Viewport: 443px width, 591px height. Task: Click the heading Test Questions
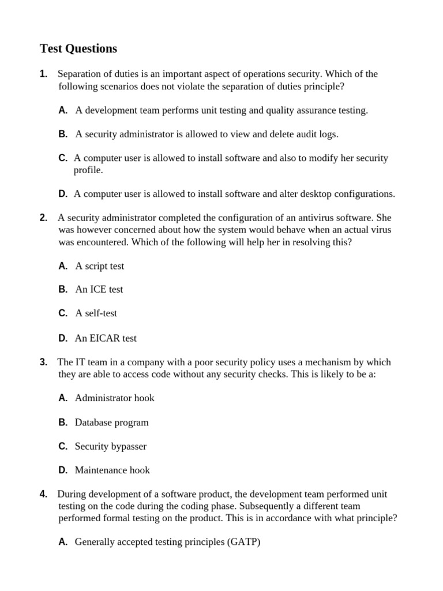(78, 48)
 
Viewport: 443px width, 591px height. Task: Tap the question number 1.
(43, 74)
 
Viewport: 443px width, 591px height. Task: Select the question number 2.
(43, 218)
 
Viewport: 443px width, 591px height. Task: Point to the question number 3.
(43, 362)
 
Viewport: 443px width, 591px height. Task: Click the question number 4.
(43, 494)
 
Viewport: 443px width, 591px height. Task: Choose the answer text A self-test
(96, 313)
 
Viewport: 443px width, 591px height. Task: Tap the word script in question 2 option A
(96, 266)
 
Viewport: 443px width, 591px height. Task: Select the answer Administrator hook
(114, 398)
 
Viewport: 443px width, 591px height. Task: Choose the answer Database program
(111, 422)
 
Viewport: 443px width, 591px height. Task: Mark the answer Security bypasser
(110, 446)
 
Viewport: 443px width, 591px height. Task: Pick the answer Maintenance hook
(112, 470)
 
